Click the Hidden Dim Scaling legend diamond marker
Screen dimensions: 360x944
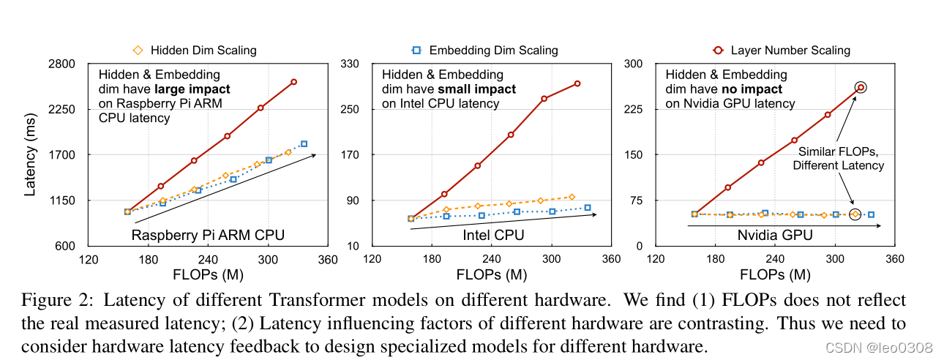click(x=137, y=50)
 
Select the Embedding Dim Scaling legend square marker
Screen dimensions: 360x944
click(x=416, y=50)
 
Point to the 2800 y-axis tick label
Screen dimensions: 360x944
click(x=61, y=64)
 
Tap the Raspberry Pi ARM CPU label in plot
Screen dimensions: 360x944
click(x=208, y=235)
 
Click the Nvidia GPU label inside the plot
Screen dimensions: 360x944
click(x=775, y=235)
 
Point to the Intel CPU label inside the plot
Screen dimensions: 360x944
click(x=493, y=235)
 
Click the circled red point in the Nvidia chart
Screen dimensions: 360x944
click(x=861, y=87)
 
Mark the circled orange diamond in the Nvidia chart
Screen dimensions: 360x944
click(x=855, y=214)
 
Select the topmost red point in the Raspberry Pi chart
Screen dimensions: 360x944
click(x=293, y=82)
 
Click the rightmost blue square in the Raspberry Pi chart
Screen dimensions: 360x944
click(x=304, y=144)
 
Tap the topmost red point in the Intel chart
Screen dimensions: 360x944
click(x=577, y=83)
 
